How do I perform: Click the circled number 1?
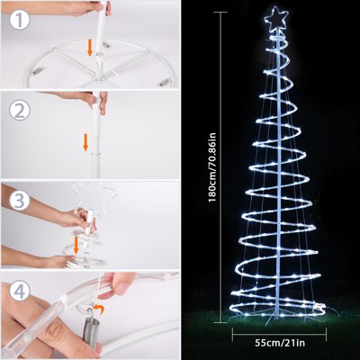click(x=20, y=20)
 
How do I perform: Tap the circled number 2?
click(x=20, y=111)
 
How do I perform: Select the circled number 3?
click(x=20, y=201)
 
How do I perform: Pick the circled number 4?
click(x=20, y=291)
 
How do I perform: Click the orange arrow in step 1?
click(x=89, y=48)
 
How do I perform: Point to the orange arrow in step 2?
click(x=85, y=142)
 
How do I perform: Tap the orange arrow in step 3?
click(x=76, y=246)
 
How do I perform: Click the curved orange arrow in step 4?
click(x=98, y=309)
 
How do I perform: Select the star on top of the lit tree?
click(x=275, y=19)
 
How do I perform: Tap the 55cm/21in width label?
click(x=280, y=342)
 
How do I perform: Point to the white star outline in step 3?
click(x=93, y=197)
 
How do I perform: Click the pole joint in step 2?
click(x=95, y=154)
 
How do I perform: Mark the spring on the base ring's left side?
click(x=38, y=71)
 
